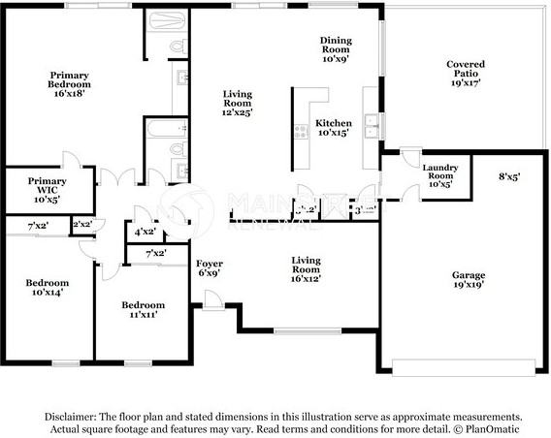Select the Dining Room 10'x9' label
point(336,48)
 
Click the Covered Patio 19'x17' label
point(465,74)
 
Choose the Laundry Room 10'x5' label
point(440,177)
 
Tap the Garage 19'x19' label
point(468,280)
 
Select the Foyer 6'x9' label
point(211,268)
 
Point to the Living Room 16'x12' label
point(307,268)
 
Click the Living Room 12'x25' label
point(237,104)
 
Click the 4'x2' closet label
point(143,232)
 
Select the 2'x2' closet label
point(82,225)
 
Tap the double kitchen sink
point(370,122)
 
